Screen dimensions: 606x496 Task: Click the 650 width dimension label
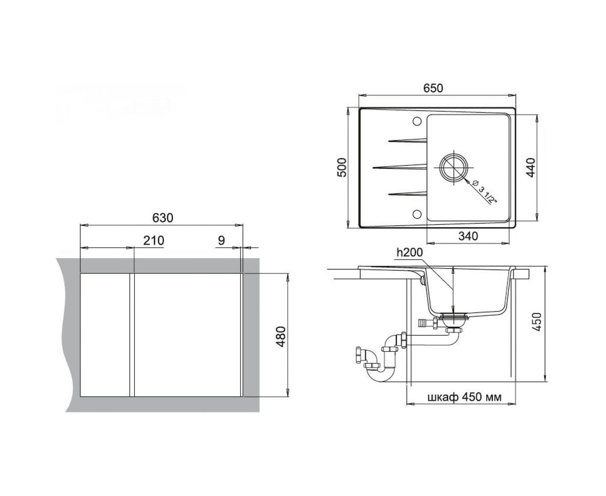[433, 88]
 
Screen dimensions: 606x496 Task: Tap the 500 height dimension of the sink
[342, 168]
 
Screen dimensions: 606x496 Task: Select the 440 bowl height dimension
[531, 168]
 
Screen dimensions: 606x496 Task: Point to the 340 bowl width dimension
[468, 236]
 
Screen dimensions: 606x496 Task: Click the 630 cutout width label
[163, 218]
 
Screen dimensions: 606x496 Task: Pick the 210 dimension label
[154, 240]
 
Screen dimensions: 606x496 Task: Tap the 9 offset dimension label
[221, 240]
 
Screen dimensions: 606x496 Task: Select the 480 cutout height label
[280, 337]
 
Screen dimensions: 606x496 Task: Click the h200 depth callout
[409, 252]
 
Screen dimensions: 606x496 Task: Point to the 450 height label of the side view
[537, 322]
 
